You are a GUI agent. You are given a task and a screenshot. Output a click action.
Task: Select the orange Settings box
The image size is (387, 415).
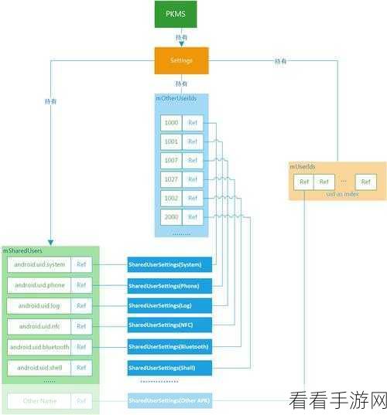coord(182,60)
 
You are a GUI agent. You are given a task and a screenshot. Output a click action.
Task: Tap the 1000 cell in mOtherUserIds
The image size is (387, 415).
coord(170,123)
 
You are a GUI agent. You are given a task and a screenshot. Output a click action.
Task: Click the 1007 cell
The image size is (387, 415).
coord(170,161)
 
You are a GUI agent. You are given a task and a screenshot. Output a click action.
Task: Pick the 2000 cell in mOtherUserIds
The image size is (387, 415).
coord(170,217)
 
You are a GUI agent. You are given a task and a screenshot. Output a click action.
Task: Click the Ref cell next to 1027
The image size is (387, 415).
coord(193,179)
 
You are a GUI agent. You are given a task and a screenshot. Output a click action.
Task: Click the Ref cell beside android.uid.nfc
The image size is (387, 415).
coord(82,326)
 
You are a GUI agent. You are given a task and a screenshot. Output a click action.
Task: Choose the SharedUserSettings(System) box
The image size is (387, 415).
coord(165,265)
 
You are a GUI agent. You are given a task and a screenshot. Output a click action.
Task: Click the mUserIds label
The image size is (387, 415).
coord(303,166)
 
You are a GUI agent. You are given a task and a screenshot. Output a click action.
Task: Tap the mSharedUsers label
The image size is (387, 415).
coord(22,251)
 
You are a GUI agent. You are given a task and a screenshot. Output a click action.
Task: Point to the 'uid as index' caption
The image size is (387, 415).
coord(337,196)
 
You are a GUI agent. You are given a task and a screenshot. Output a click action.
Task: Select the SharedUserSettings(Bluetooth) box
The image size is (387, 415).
coord(168,346)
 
